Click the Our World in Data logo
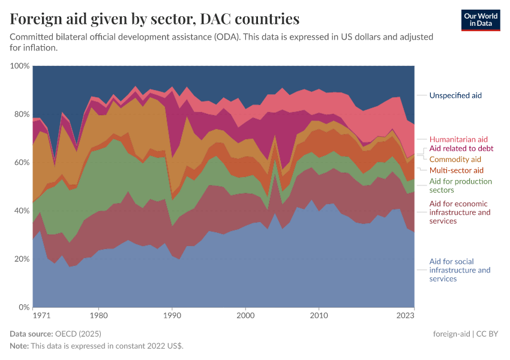coord(480,20)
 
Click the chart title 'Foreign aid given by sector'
coord(155,19)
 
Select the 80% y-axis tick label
coord(21,114)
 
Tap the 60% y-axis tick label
coord(21,162)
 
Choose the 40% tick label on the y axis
coord(21,211)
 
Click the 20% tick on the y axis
coord(21,259)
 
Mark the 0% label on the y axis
coord(23,307)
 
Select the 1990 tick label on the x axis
coord(172,315)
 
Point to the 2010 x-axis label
coord(319,315)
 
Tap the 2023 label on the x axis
coord(406,315)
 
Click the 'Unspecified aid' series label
coord(455,95)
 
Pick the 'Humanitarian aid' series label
coord(458,139)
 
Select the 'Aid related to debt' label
coord(461,149)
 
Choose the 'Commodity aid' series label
coord(455,159)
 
